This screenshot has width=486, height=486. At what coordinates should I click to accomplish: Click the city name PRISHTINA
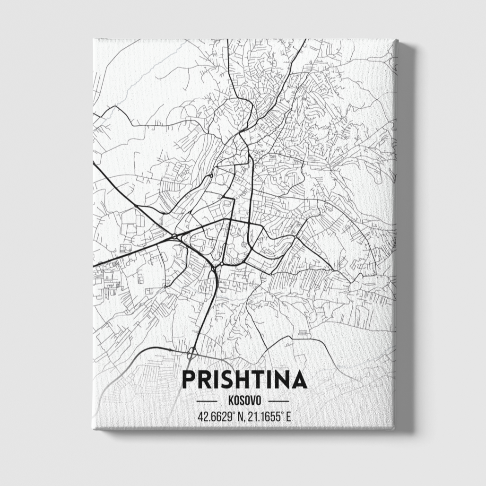point(244,380)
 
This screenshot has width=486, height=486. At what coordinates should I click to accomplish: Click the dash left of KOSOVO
point(207,401)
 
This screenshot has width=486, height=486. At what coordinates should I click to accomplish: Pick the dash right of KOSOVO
point(278,401)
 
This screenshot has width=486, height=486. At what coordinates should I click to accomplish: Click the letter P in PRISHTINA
point(189,380)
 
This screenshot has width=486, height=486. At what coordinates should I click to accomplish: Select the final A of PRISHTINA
point(299,380)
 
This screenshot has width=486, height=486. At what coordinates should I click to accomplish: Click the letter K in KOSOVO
point(230,401)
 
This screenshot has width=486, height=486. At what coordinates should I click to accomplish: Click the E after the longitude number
point(287,417)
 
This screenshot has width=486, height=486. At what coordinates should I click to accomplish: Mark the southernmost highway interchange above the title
point(191,352)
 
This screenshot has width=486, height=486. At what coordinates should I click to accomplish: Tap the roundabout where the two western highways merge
point(174,236)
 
